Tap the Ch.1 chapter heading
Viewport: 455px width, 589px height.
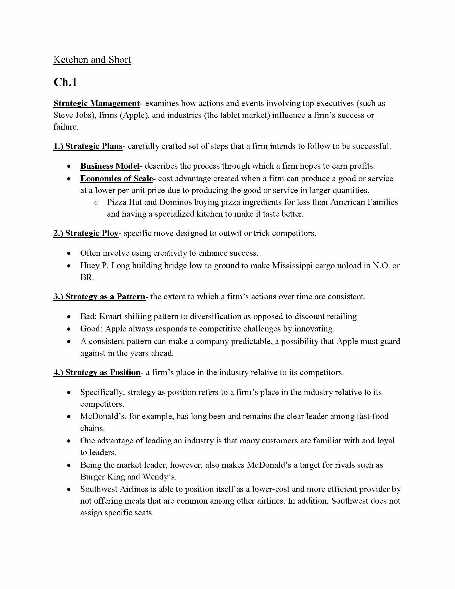[x=65, y=82]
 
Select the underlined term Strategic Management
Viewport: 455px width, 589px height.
[x=97, y=103]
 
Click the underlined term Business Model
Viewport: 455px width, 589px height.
[x=110, y=166]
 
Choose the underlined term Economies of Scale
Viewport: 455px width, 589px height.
[x=116, y=179]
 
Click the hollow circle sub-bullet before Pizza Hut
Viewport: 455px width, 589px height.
[x=96, y=203]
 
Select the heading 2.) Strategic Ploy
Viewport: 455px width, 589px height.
[x=86, y=233]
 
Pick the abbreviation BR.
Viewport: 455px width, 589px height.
[x=86, y=277]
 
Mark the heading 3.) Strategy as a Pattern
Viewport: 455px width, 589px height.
[x=99, y=297]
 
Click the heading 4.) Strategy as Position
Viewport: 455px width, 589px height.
[x=97, y=372]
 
